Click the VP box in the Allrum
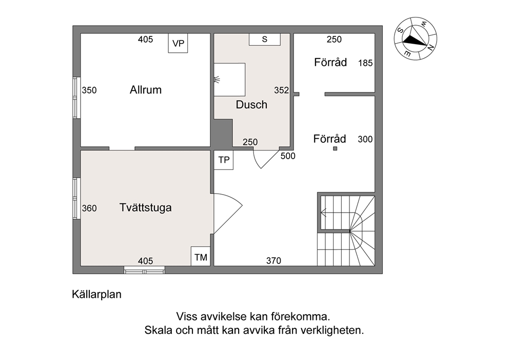pos(178,43)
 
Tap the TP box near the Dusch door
pos(224,160)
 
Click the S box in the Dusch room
pos(265,40)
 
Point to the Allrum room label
pos(146,90)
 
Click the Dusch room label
pos(251,105)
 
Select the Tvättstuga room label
pos(145,207)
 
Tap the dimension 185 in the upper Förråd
pos(365,63)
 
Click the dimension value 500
pos(288,156)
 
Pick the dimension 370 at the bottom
pos(273,260)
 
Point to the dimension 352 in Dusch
pos(282,90)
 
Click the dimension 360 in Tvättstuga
pos(89,208)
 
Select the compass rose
pos(416,39)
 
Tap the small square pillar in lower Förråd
pos(335,148)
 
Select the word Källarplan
pos(97,294)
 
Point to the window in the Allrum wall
pos(76,98)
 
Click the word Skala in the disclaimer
pos(159,330)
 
